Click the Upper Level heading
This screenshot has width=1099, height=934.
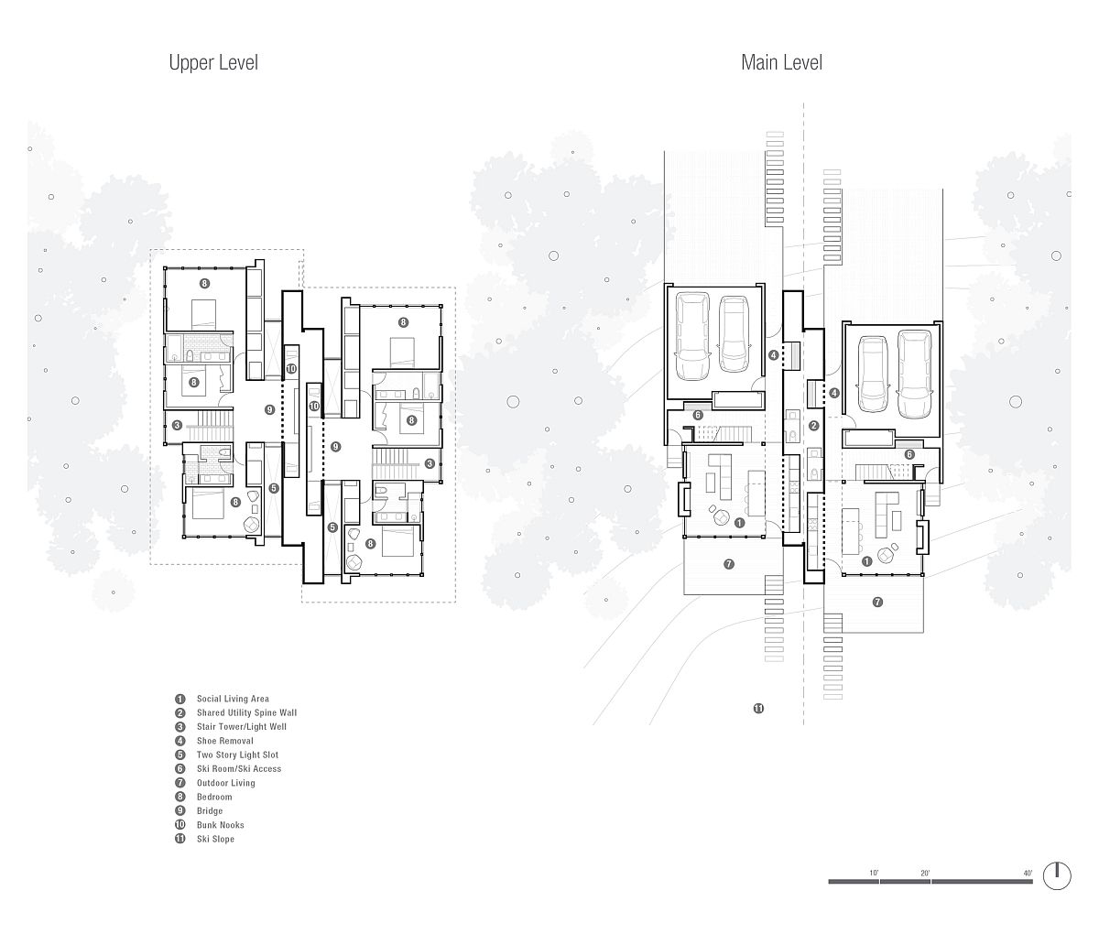pos(213,63)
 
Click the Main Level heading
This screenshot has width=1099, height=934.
pos(781,63)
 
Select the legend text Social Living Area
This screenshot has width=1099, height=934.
pos(233,699)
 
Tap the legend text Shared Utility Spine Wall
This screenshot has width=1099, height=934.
pos(246,712)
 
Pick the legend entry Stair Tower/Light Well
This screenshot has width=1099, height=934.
pos(242,727)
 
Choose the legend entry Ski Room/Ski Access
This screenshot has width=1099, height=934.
pos(239,768)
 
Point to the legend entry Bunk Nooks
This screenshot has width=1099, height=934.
pos(220,825)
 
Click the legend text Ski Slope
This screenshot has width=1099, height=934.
pos(215,839)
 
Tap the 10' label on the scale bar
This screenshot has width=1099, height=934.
pos(874,873)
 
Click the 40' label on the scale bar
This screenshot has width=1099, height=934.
pos(1028,873)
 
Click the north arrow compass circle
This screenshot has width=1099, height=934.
pos(1057,875)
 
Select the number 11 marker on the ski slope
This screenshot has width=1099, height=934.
pos(758,709)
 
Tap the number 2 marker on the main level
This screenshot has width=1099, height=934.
pos(813,426)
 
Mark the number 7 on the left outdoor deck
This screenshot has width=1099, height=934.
pos(729,564)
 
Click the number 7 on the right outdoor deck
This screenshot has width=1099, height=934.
pos(877,603)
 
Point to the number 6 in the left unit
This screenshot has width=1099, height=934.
pos(698,415)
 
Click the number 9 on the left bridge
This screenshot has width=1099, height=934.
pos(270,410)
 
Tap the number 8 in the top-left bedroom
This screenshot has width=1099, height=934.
pos(205,283)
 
